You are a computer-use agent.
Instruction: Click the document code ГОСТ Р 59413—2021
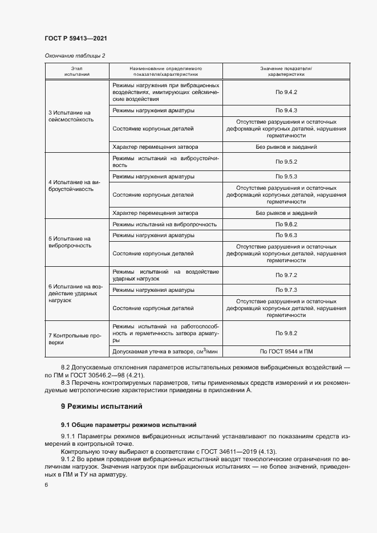[75, 38]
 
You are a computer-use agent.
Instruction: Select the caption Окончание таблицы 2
[74, 55]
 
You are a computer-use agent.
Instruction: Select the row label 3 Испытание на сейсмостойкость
[71, 116]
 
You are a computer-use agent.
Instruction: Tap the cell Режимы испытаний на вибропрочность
[165, 225]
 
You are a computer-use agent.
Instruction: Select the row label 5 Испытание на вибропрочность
[70, 242]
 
